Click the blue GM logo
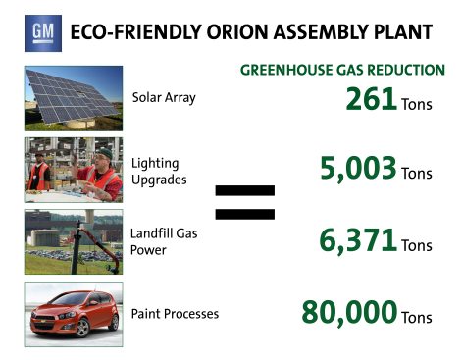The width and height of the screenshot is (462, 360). pyautogui.click(x=43, y=33)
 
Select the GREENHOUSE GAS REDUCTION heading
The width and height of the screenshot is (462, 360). pyautogui.click(x=342, y=70)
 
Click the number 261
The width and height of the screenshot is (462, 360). pyautogui.click(x=372, y=99)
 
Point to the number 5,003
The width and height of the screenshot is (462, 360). pyautogui.click(x=358, y=168)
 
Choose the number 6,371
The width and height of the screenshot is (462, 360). pyautogui.click(x=358, y=240)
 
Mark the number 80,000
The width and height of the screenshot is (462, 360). pyautogui.click(x=349, y=312)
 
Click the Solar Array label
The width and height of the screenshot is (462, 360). pyautogui.click(x=164, y=98)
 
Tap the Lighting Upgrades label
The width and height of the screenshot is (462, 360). pyautogui.click(x=159, y=172)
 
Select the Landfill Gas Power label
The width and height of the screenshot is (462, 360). pyautogui.click(x=164, y=241)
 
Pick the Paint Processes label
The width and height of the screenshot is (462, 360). pyautogui.click(x=175, y=314)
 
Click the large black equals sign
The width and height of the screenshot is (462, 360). pyautogui.click(x=245, y=202)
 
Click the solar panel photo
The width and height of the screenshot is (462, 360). pyautogui.click(x=74, y=98)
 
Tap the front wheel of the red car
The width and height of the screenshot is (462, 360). pyautogui.click(x=82, y=328)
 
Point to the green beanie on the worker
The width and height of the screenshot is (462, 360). pyautogui.click(x=105, y=152)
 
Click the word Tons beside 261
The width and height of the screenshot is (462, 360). pyautogui.click(x=417, y=105)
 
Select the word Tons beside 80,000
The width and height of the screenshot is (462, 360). pyautogui.click(x=417, y=318)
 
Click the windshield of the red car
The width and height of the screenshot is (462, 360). pyautogui.click(x=71, y=299)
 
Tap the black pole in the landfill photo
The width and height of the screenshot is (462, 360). pyautogui.click(x=77, y=247)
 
